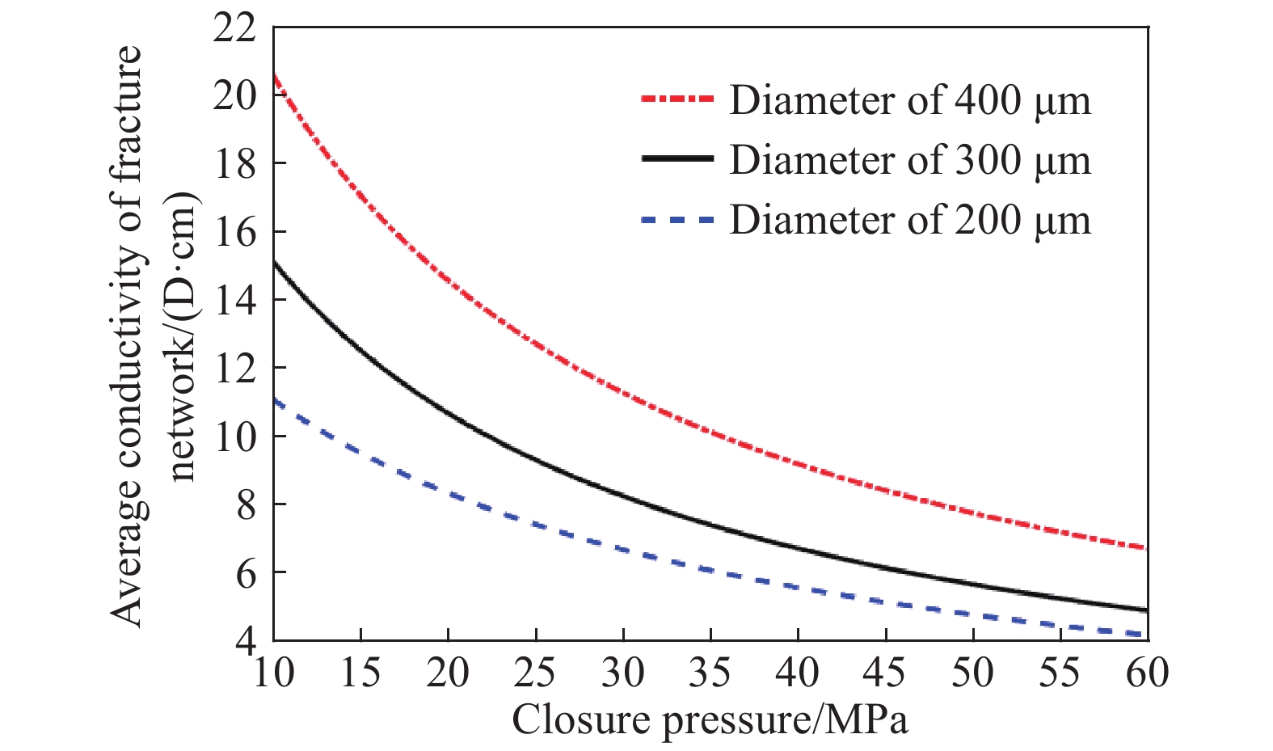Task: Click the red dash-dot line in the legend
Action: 677,99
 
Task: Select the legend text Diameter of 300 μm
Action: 909,159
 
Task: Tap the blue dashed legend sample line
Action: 677,219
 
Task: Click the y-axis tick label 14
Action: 235,301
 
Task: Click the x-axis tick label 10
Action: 273,673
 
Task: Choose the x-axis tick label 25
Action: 535,673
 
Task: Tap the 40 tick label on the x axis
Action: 798,673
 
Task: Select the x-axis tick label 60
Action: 1147,673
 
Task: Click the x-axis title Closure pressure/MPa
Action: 710,719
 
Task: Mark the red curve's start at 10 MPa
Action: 275,75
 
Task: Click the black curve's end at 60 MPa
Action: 1146,610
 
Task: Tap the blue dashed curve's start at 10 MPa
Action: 275,399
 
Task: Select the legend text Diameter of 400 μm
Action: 909,99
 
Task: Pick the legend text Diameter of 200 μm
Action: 909,219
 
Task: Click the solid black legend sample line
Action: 677,159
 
